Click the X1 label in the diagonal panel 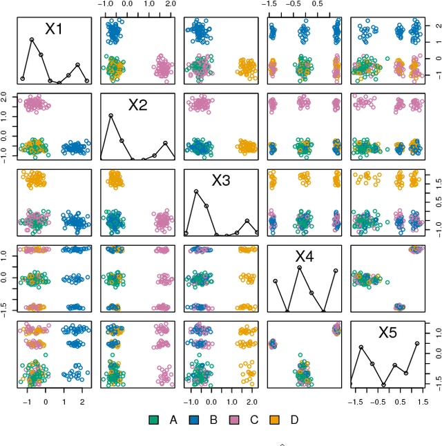(54, 29)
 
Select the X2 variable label (137, 105)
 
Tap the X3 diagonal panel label (220, 181)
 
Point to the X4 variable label (305, 257)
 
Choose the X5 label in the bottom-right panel (388, 333)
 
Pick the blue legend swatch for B (194, 419)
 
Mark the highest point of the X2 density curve (110, 115)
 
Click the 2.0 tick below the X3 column (252, 400)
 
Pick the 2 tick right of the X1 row (436, 26)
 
